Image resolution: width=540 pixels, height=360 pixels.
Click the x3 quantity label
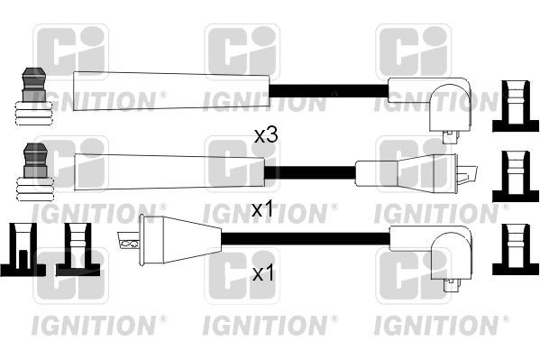tap(264, 136)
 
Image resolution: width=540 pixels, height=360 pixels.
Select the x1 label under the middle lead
tap(261, 209)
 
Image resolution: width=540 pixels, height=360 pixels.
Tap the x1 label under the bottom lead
tap(261, 272)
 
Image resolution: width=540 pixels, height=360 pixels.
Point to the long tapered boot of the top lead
tap(170, 90)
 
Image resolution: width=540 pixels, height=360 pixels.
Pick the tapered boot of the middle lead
tap(169, 168)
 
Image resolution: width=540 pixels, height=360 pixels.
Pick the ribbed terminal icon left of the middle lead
tap(32, 172)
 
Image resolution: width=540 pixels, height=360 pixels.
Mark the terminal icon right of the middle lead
tap(515, 172)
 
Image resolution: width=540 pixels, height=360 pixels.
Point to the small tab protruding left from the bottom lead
tap(127, 242)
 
